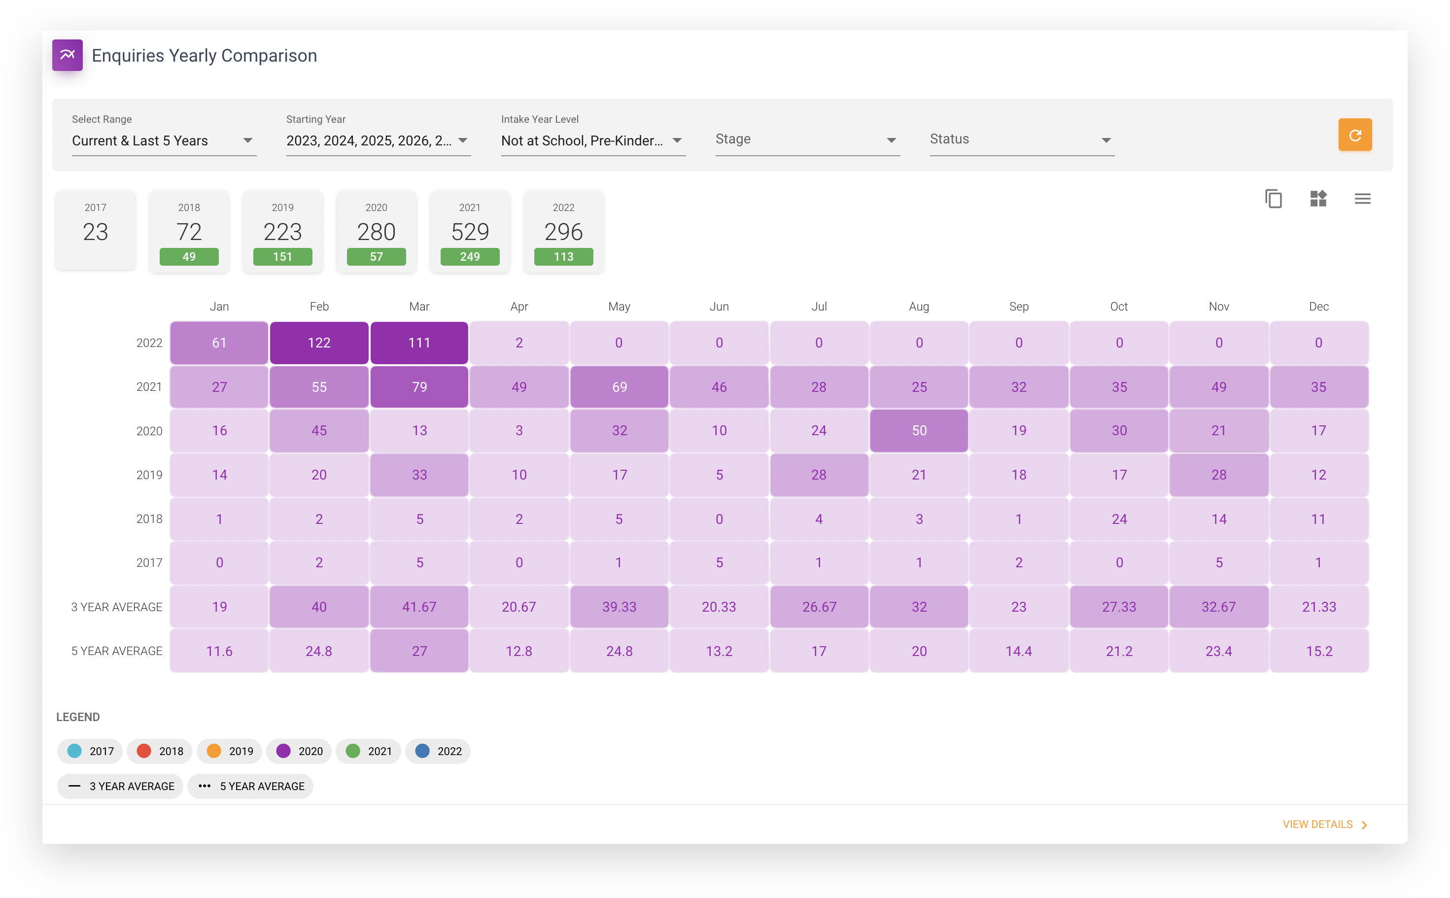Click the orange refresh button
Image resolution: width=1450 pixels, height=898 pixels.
click(x=1354, y=135)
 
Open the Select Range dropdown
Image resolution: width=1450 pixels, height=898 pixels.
click(x=164, y=141)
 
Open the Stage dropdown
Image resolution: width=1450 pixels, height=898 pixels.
click(x=807, y=139)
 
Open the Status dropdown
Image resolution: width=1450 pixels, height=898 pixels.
click(x=1022, y=139)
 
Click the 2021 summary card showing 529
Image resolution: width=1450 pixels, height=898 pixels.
click(x=470, y=231)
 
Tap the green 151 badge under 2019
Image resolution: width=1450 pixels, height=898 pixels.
click(x=282, y=257)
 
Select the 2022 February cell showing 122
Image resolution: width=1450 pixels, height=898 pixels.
click(x=319, y=343)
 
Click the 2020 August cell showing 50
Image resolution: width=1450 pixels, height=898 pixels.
click(x=919, y=431)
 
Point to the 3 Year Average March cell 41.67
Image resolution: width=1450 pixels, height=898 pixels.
click(x=419, y=606)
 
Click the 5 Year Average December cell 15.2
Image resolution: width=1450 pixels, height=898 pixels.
click(x=1319, y=651)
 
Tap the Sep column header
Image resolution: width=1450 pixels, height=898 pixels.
click(x=1019, y=307)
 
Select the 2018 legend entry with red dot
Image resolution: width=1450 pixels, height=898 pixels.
click(x=160, y=751)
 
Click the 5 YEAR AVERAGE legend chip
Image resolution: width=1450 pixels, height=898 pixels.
click(x=250, y=786)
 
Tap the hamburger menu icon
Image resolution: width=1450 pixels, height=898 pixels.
click(x=1362, y=198)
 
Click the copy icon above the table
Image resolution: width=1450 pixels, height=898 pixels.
click(x=1274, y=198)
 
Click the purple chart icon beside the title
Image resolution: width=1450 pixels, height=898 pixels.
click(x=67, y=55)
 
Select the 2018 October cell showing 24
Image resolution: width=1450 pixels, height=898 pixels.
click(x=1119, y=519)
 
